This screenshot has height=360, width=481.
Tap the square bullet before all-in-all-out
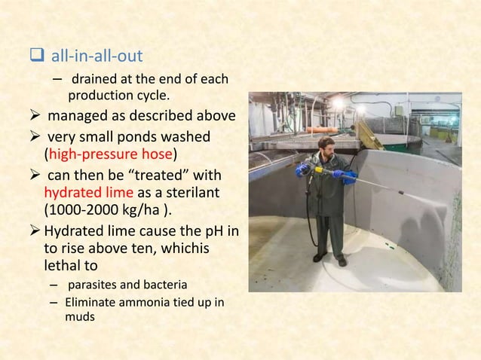[37, 54]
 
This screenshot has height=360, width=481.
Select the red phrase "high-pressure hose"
[111, 156]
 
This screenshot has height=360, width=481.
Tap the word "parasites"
[98, 285]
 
